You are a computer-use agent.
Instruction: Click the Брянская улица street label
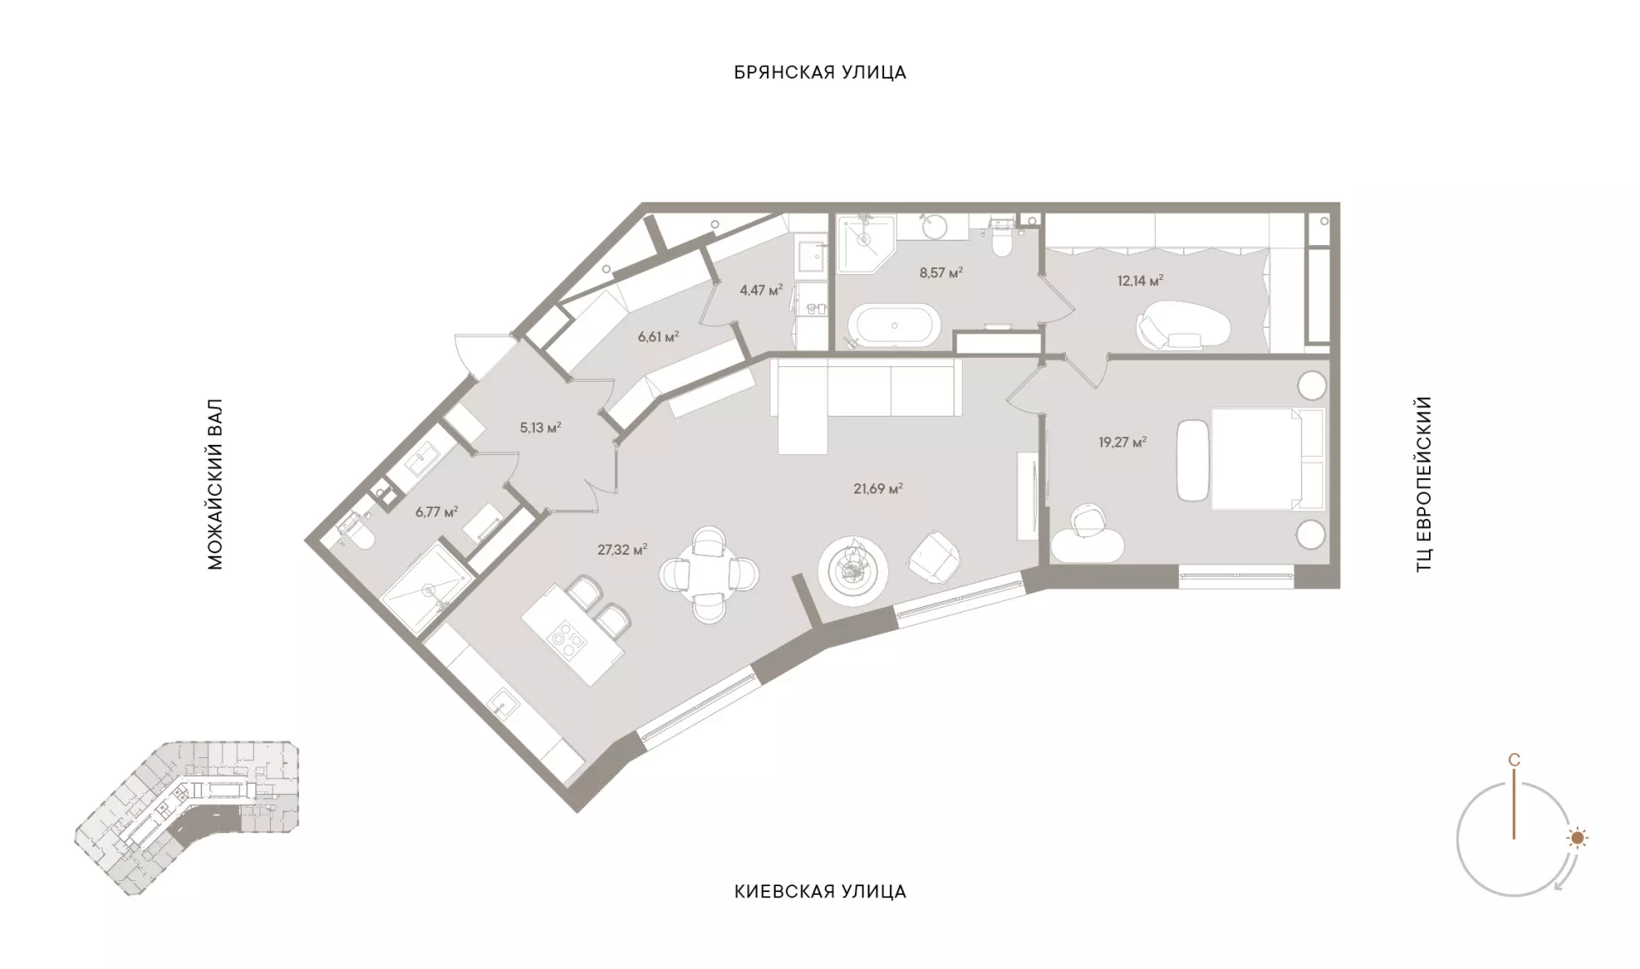coord(820,73)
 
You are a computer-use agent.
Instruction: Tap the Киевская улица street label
coord(820,892)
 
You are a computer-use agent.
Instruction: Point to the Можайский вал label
coord(214,484)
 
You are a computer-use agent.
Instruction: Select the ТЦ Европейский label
coord(1423,484)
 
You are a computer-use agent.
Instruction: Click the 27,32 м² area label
coord(622,550)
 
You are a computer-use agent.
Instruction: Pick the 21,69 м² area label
coord(878,489)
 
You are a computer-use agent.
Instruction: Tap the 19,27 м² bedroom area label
coord(1122,442)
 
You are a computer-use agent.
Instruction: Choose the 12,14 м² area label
coord(1140,280)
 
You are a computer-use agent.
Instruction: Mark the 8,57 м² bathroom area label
coord(940,273)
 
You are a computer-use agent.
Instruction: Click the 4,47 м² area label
coord(761,290)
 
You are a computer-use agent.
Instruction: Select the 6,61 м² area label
coord(659,336)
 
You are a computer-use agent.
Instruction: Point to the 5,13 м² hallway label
coord(540,428)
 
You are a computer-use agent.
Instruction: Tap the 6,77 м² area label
coord(436,512)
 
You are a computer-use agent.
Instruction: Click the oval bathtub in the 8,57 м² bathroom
coord(894,325)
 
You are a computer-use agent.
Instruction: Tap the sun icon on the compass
coord(1577,838)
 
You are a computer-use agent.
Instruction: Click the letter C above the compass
coord(1514,760)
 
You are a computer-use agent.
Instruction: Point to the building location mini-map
coord(188,817)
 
